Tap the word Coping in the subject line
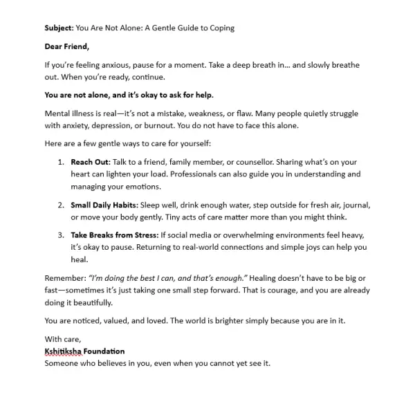(x=219, y=28)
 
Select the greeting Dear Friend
(x=67, y=47)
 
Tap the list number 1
(x=60, y=162)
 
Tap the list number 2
(x=60, y=205)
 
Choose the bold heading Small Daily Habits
(x=104, y=205)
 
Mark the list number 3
(x=60, y=235)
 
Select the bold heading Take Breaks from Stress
(x=114, y=235)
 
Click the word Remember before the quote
(x=64, y=278)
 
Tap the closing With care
(x=62, y=339)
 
